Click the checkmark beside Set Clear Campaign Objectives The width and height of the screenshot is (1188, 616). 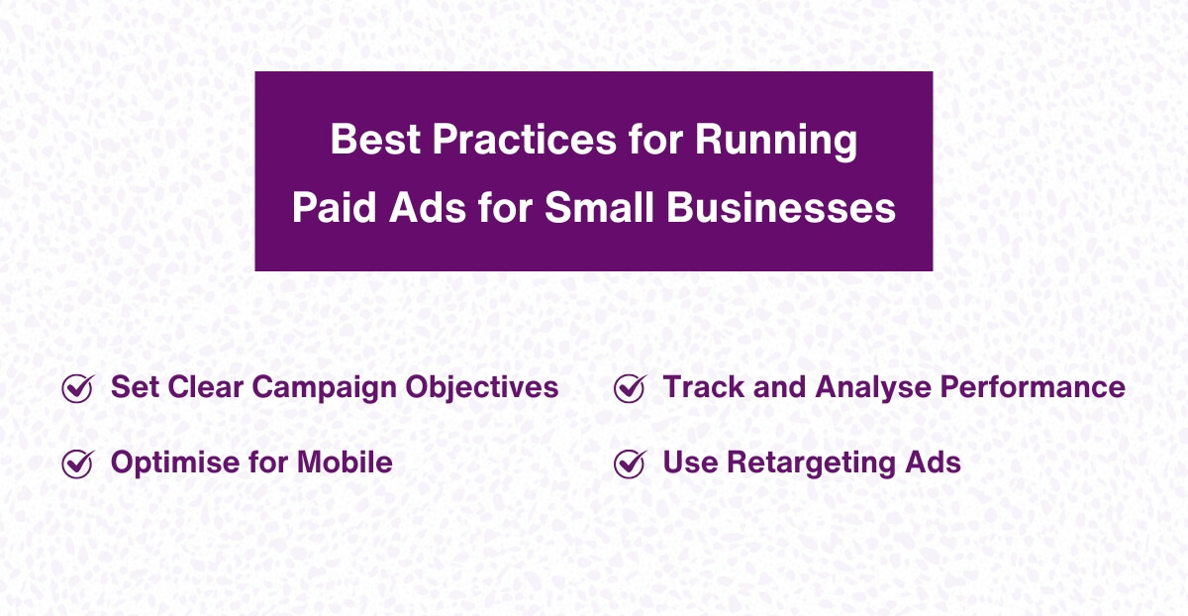77,388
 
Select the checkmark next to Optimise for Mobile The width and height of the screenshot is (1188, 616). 77,462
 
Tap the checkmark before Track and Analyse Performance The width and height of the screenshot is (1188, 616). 630,388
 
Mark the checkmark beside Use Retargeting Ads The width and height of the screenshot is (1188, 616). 630,462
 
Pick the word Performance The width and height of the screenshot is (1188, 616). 1033,387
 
